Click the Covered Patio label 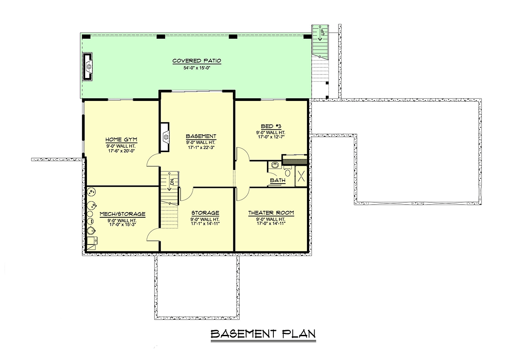(x=197, y=61)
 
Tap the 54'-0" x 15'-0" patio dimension (x=197, y=68)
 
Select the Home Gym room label (x=121, y=139)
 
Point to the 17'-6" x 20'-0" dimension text (x=122, y=151)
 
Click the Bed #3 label (x=271, y=126)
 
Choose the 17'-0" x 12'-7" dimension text (x=271, y=137)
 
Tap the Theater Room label (x=271, y=213)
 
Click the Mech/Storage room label (x=123, y=214)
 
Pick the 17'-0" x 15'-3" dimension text (x=123, y=225)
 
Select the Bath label (x=278, y=180)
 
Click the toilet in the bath (x=288, y=172)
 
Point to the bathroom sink (x=275, y=165)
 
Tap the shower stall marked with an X (x=301, y=176)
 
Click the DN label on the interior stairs (x=172, y=182)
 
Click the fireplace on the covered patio (x=88, y=66)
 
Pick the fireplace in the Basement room (x=165, y=137)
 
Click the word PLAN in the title (x=299, y=334)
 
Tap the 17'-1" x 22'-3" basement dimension (x=201, y=147)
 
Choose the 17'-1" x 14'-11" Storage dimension (x=205, y=224)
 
